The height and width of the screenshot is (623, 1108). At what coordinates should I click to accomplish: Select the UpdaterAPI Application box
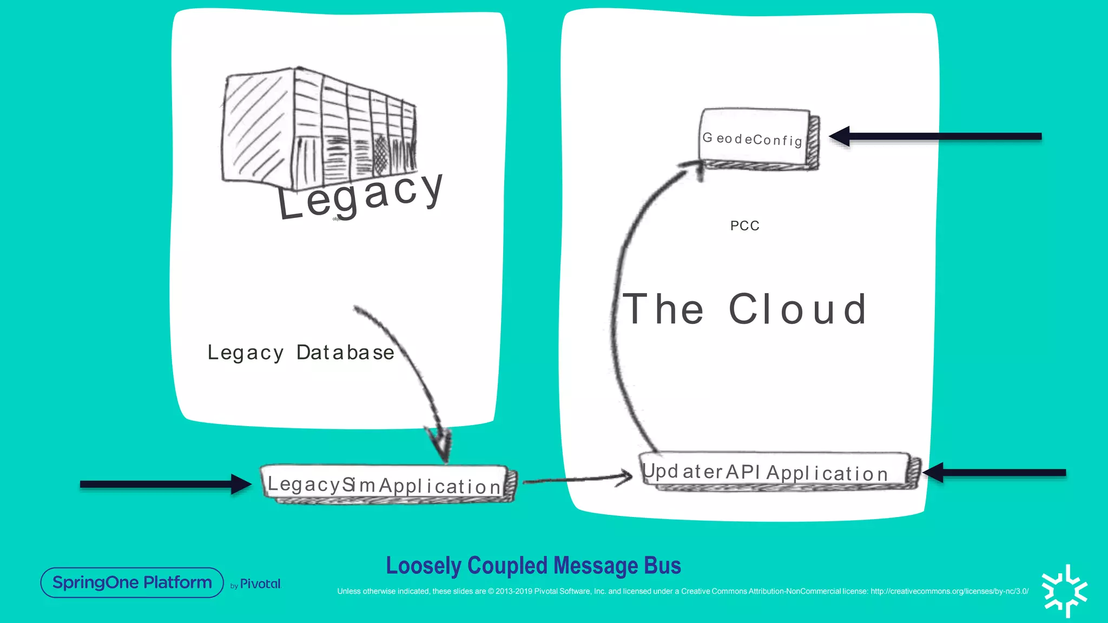774,471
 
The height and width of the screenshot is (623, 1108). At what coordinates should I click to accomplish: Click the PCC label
744,226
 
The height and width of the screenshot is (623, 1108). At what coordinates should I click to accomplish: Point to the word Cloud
797,309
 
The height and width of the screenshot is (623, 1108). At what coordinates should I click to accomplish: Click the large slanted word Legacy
360,196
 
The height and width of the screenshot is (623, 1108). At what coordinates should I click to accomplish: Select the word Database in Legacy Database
345,353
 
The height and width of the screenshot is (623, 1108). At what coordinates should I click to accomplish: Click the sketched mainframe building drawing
319,127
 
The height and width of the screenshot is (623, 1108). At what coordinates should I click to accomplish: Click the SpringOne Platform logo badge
132,582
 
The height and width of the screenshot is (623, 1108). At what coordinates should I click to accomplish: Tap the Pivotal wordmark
260,584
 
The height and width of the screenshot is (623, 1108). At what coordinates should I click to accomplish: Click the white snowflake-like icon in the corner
1064,591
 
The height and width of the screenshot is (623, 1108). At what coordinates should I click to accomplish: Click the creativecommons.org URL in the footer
949,591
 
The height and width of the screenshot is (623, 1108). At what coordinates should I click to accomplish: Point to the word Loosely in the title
424,566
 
